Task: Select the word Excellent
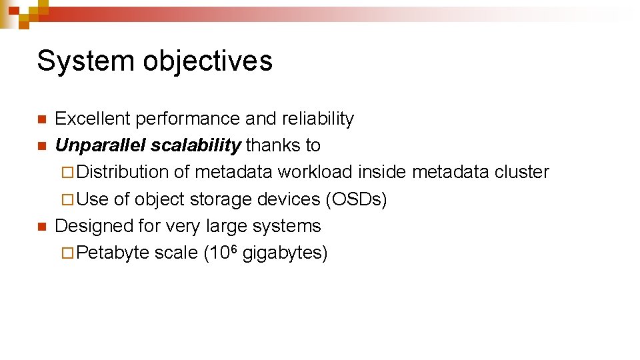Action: [93, 119]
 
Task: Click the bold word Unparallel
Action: [101, 145]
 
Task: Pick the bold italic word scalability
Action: [195, 145]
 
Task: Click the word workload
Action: [315, 172]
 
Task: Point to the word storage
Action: [220, 199]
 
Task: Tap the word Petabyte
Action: [113, 253]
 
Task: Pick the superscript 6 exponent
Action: [235, 249]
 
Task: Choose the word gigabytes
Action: [285, 253]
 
